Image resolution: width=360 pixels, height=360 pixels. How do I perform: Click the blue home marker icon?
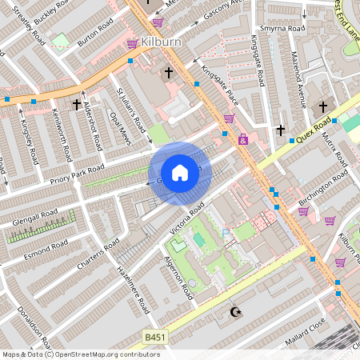[180, 172]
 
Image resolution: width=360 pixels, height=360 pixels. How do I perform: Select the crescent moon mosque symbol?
[235, 312]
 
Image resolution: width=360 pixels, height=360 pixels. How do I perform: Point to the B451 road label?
[155, 338]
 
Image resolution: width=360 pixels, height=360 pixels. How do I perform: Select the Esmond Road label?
[46, 244]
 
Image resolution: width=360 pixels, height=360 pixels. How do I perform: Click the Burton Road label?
[93, 38]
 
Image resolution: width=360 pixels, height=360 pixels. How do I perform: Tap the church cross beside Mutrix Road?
[323, 106]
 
